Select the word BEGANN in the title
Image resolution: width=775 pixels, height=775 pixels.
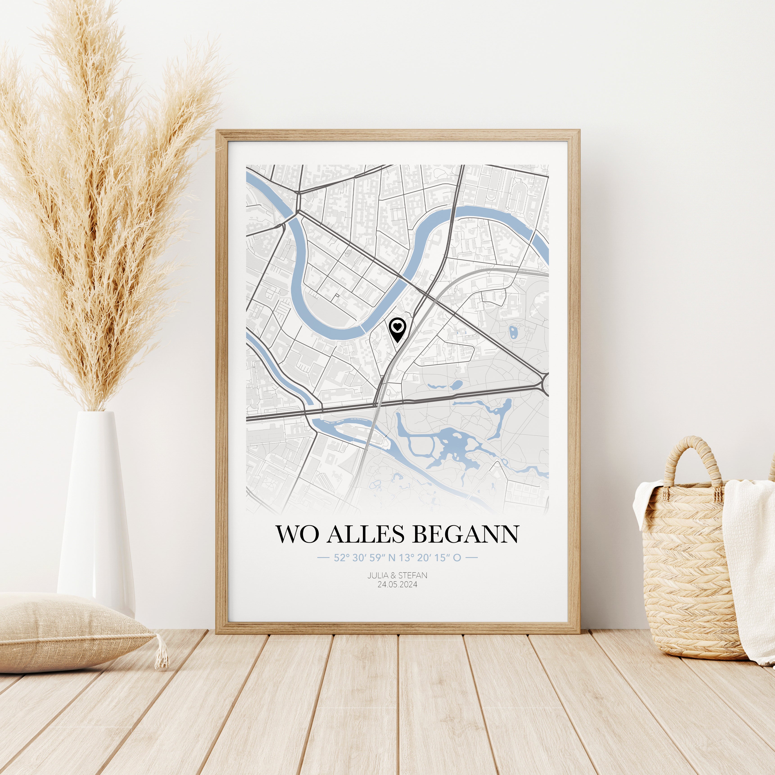(x=465, y=534)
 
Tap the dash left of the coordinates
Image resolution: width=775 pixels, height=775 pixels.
(x=323, y=558)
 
